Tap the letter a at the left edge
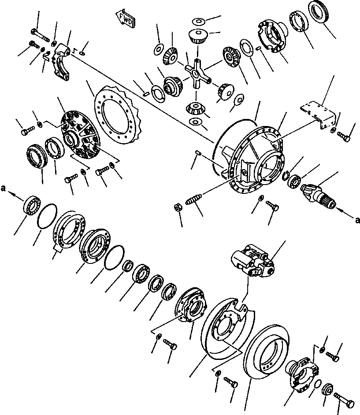coord(3,188)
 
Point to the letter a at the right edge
coord(358,219)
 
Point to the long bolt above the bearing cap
coord(41,35)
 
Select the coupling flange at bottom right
coord(302,372)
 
